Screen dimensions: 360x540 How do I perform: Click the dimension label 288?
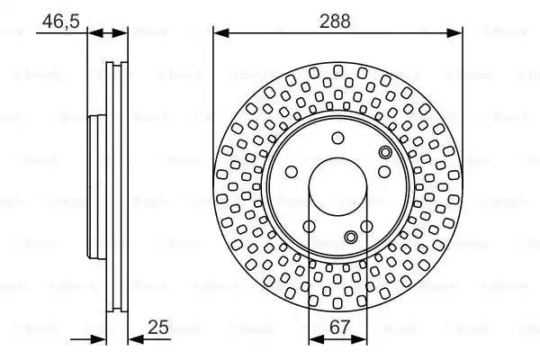point(337,17)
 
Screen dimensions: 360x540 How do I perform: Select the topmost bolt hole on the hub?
point(337,138)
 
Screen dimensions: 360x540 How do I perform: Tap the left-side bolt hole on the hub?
point(292,172)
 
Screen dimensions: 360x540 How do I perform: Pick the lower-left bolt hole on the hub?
point(309,226)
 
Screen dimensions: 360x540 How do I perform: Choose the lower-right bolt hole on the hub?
point(366,226)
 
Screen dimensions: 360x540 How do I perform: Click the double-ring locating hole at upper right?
point(385,154)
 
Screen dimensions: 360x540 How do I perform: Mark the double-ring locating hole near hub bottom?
point(351,238)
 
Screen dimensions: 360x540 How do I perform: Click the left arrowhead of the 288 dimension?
point(220,33)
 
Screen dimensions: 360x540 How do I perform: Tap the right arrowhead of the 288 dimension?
point(455,33)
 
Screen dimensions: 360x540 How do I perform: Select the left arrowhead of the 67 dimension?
point(314,340)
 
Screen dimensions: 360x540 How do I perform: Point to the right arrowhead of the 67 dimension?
point(361,340)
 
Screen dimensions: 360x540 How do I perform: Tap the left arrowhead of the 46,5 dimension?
point(94,33)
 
